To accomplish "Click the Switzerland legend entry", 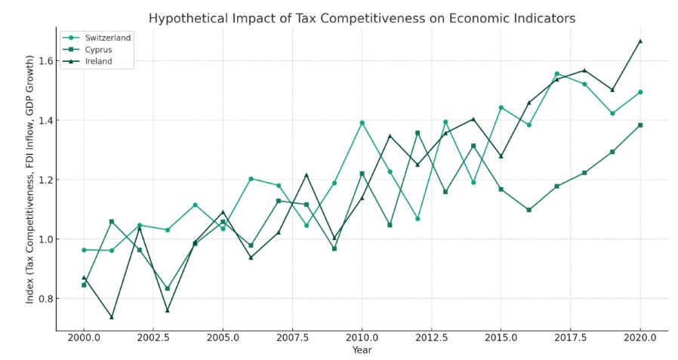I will (108, 38).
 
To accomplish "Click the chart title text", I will (362, 18).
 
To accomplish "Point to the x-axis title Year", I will (362, 350).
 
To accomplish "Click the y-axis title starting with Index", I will (30, 179).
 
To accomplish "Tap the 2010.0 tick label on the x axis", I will (362, 337).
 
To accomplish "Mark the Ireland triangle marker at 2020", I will (640, 41).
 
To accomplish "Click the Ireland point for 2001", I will (112, 317).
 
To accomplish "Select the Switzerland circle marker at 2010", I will (362, 122).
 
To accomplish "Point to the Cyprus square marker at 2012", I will (418, 133).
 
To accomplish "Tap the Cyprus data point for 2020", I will (640, 125).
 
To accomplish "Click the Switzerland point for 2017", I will (556, 74).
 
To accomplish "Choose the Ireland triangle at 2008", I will (307, 175).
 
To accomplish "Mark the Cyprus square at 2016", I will (529, 210).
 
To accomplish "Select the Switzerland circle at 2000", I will (84, 250).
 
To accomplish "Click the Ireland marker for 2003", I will (168, 310).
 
